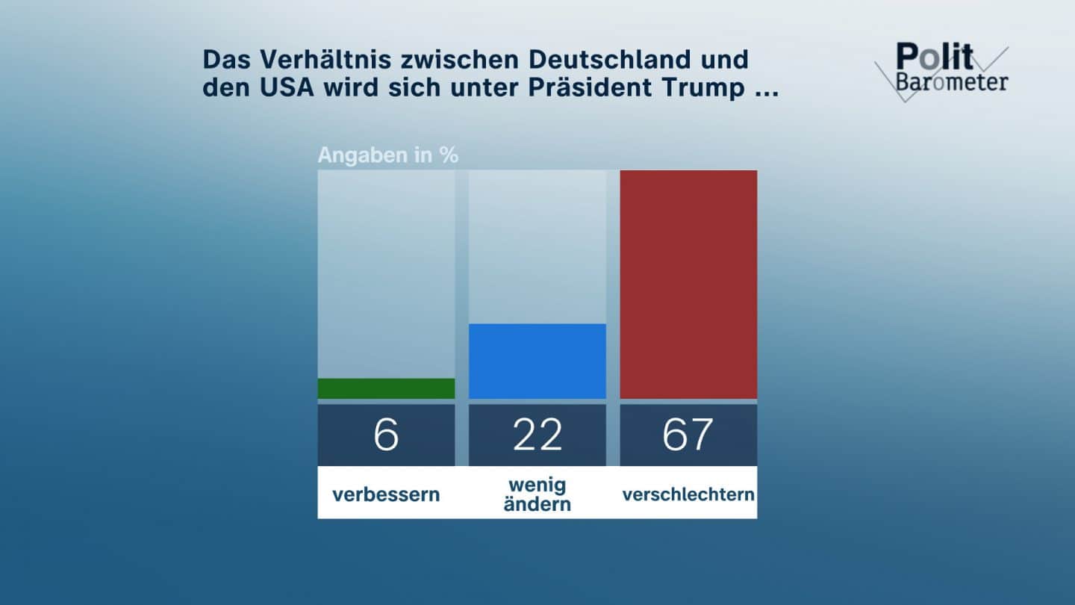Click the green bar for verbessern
point(386,388)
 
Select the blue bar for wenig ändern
point(537,361)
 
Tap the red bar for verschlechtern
point(688,284)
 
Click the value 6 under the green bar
point(386,435)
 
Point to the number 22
point(537,435)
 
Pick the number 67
point(688,435)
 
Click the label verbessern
point(386,494)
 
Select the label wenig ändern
point(537,494)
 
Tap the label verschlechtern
point(688,494)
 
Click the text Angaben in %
point(388,155)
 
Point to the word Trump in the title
point(703,87)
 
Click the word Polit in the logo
point(934,58)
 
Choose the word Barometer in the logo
point(952,81)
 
